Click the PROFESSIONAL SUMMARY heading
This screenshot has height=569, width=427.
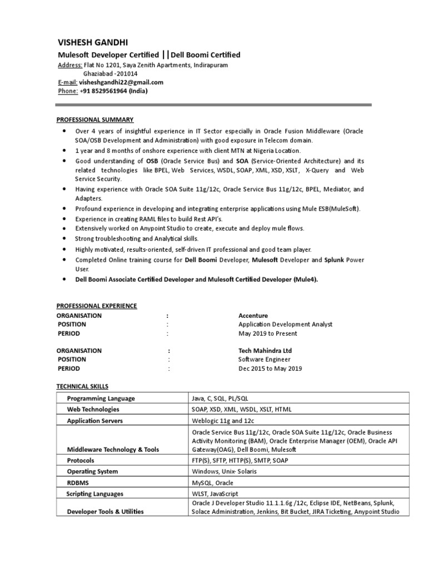tap(95, 119)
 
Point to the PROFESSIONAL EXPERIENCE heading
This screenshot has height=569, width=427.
tap(97, 306)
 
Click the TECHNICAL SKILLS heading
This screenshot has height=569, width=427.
tap(83, 386)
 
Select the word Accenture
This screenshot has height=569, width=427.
tap(253, 315)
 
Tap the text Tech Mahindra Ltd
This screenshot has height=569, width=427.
tap(265, 351)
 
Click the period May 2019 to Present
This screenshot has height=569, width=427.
tap(267, 333)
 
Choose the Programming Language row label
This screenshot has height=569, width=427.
tap(101, 398)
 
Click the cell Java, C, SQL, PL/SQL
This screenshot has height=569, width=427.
tap(221, 398)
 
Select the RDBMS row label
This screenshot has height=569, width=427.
tap(77, 483)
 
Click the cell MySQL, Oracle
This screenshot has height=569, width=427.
tap(212, 483)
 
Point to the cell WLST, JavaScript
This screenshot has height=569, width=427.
tap(215, 493)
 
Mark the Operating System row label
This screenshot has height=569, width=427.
tap(92, 472)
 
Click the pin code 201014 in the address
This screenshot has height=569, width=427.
tap(126, 73)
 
